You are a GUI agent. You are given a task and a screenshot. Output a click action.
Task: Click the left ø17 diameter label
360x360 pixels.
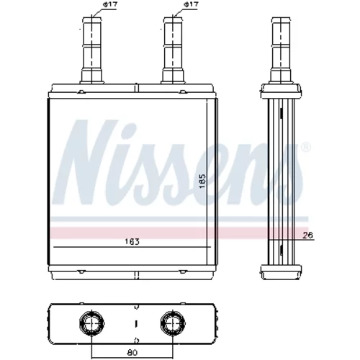click(110, 4)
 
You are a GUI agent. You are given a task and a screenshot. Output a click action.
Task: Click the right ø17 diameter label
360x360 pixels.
click(191, 4)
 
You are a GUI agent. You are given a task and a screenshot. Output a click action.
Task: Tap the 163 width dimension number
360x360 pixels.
click(132, 241)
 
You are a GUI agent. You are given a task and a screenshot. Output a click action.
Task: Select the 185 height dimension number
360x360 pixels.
click(203, 181)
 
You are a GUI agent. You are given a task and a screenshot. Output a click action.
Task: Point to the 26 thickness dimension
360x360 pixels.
click(307, 235)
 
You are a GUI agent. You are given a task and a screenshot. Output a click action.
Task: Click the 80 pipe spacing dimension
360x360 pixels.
click(132, 352)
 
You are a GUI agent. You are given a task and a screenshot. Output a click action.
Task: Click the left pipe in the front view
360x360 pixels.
click(92, 50)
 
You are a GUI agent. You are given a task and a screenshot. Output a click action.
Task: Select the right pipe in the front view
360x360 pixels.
click(173, 50)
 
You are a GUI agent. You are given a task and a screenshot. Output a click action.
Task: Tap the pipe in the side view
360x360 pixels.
click(281, 50)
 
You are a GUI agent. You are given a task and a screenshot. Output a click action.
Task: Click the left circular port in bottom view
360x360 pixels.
click(92, 323)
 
